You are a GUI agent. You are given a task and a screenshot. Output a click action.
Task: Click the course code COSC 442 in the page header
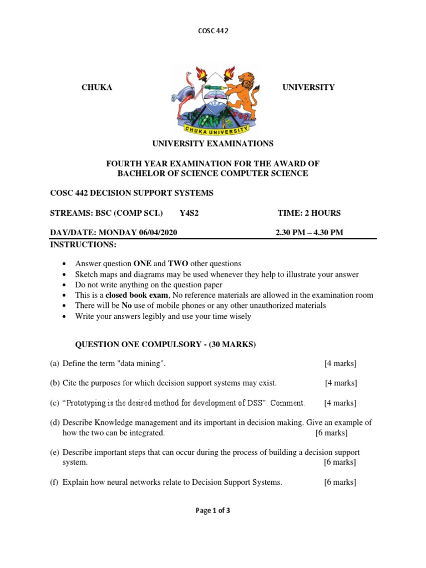point(213,31)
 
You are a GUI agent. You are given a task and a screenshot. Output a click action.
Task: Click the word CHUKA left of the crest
point(97,88)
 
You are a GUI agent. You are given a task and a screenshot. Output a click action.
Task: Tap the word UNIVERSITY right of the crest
point(308,88)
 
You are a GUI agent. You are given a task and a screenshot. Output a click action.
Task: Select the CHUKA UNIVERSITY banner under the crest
point(213,129)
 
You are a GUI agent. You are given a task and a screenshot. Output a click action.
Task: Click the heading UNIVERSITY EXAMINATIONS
point(213,144)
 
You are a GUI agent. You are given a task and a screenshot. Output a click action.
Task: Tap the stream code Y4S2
point(189,213)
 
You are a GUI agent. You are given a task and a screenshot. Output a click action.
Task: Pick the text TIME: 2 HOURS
point(309,213)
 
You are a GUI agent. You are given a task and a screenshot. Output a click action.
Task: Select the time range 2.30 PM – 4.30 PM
point(310,232)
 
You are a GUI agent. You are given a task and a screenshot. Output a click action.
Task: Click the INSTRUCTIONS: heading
point(84,245)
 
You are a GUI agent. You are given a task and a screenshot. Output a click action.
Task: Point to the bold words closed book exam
point(131,295)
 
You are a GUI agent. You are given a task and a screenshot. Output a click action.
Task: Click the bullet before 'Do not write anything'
point(66,285)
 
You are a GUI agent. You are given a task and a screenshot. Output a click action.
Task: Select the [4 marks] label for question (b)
point(341,383)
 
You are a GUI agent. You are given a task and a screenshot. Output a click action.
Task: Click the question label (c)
point(54,403)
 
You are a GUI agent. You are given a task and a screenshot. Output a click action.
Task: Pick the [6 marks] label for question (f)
point(340,483)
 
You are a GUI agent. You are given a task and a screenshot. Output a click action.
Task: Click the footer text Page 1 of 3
point(213,511)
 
